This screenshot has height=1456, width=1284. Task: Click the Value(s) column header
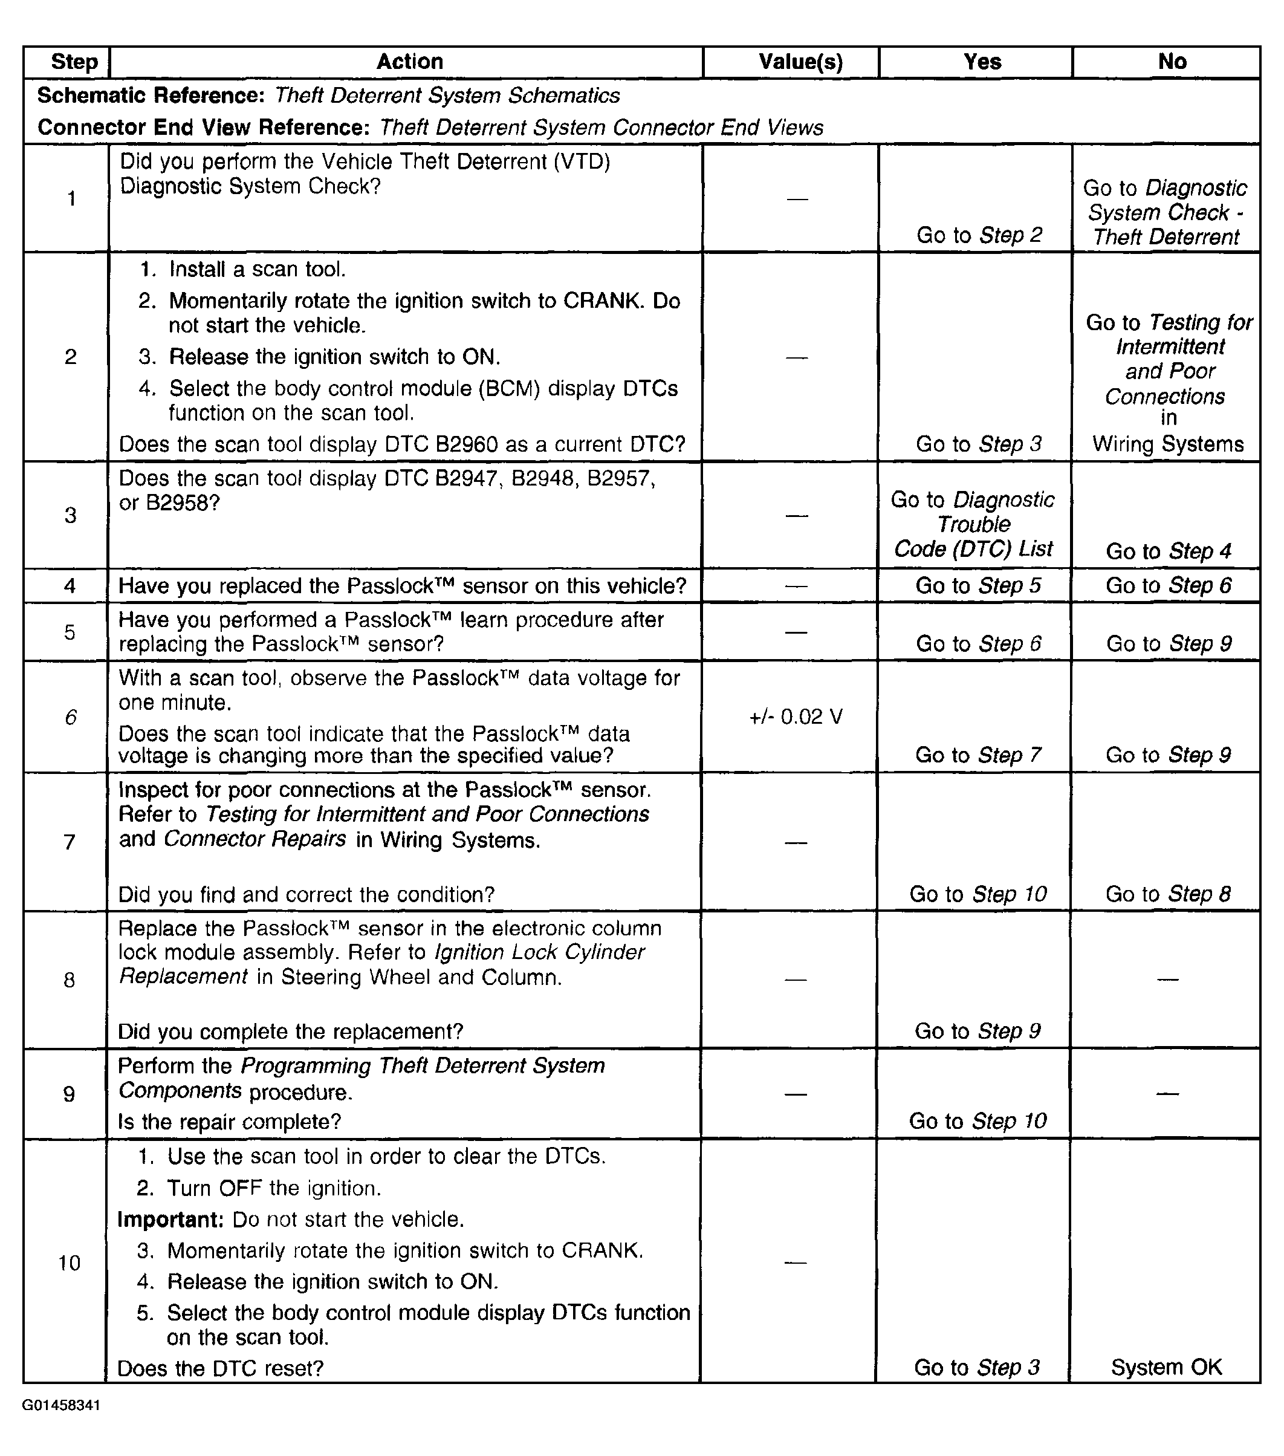[800, 62]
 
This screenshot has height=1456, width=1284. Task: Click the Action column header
[409, 62]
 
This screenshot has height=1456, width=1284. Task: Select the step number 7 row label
[69, 842]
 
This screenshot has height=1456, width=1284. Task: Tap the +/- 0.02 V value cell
[796, 717]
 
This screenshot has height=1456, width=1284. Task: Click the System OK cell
[1166, 1367]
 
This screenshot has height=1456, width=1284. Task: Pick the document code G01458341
[60, 1405]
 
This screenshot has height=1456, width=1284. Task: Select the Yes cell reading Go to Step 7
[978, 755]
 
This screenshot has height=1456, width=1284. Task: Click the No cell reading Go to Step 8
[1167, 894]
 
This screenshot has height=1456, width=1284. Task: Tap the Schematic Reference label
[151, 96]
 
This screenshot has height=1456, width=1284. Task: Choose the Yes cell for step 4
[978, 585]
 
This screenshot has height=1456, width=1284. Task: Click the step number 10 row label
[69, 1263]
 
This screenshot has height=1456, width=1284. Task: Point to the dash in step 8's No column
[1168, 980]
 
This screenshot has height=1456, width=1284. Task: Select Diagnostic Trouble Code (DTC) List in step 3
[973, 524]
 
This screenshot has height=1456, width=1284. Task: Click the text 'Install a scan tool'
[256, 269]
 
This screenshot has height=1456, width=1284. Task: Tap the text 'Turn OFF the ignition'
[273, 1188]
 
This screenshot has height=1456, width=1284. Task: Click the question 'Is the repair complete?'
[229, 1121]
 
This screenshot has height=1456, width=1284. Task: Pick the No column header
[1172, 62]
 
